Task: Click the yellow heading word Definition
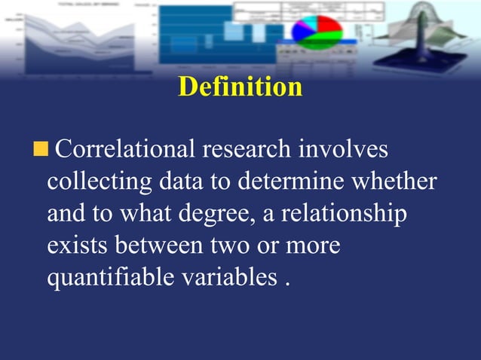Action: point(240,87)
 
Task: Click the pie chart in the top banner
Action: point(317,29)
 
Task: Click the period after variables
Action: point(287,284)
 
